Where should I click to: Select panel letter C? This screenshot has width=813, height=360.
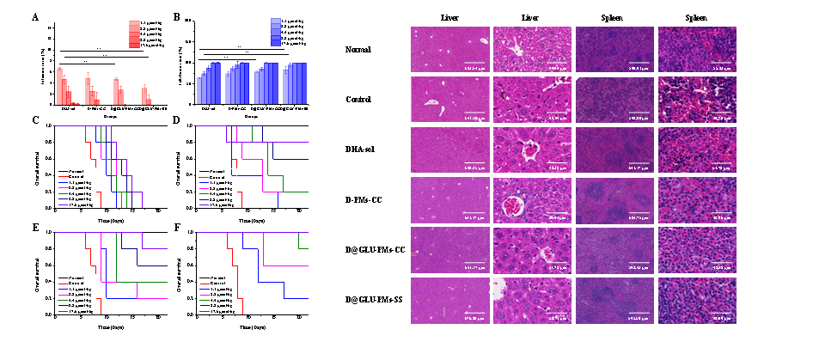click(35, 119)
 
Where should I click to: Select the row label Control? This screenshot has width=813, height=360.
click(356, 100)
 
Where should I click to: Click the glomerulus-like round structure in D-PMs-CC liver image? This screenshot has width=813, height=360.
click(515, 206)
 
